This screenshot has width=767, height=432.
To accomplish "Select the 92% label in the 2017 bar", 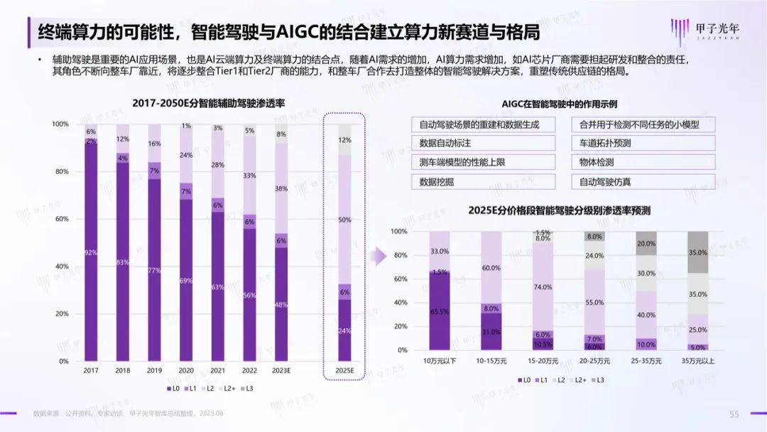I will click(x=91, y=252).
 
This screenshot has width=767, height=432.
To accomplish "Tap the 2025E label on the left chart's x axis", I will click(x=344, y=371).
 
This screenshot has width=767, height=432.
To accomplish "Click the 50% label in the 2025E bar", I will click(x=344, y=220).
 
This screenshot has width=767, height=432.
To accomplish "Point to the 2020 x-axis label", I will click(x=187, y=371).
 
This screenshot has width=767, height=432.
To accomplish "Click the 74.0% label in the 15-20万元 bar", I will click(x=543, y=287).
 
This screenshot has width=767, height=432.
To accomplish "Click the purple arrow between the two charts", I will click(x=381, y=255).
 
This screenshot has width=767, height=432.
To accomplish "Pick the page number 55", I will click(x=734, y=414).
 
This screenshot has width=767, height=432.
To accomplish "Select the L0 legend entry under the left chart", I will click(x=172, y=389).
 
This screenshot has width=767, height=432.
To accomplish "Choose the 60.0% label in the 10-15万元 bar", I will click(x=491, y=269).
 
